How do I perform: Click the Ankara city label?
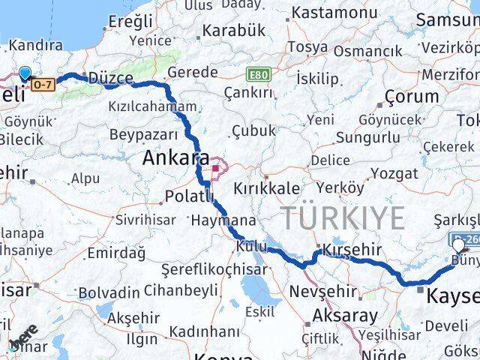[x=176, y=160]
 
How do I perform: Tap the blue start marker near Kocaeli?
[x=25, y=73]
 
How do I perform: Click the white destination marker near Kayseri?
[x=459, y=244]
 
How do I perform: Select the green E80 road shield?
[x=259, y=76]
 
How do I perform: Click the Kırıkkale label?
[x=267, y=187]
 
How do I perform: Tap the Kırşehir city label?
[x=352, y=250]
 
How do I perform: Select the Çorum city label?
[x=411, y=97]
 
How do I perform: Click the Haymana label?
[x=223, y=222]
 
